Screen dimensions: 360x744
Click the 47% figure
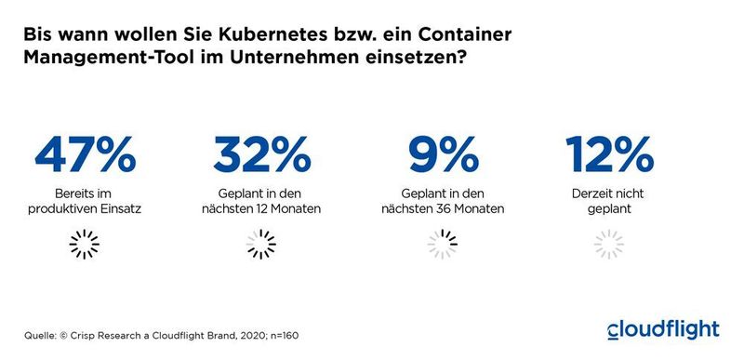tap(85, 154)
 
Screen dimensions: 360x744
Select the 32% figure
tap(261, 154)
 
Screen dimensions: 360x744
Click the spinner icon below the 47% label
tap(85, 245)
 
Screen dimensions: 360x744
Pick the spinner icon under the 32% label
tap(261, 245)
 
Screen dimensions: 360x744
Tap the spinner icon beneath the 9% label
tap(442, 245)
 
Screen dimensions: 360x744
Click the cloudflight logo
tap(662, 329)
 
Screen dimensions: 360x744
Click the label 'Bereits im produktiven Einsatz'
tap(85, 201)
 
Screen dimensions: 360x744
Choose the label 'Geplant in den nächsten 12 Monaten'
tap(261, 201)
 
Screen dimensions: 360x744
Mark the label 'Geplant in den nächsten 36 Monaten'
tap(443, 201)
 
